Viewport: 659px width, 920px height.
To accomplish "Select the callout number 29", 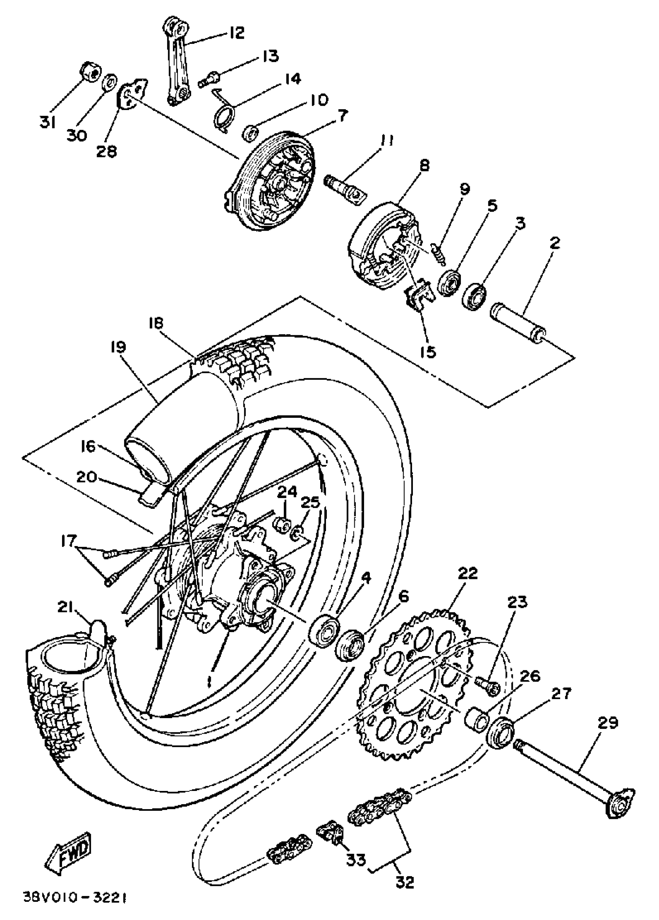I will tap(607, 722).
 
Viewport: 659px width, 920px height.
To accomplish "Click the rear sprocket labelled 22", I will tap(414, 686).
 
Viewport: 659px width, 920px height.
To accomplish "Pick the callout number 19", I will tap(118, 347).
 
